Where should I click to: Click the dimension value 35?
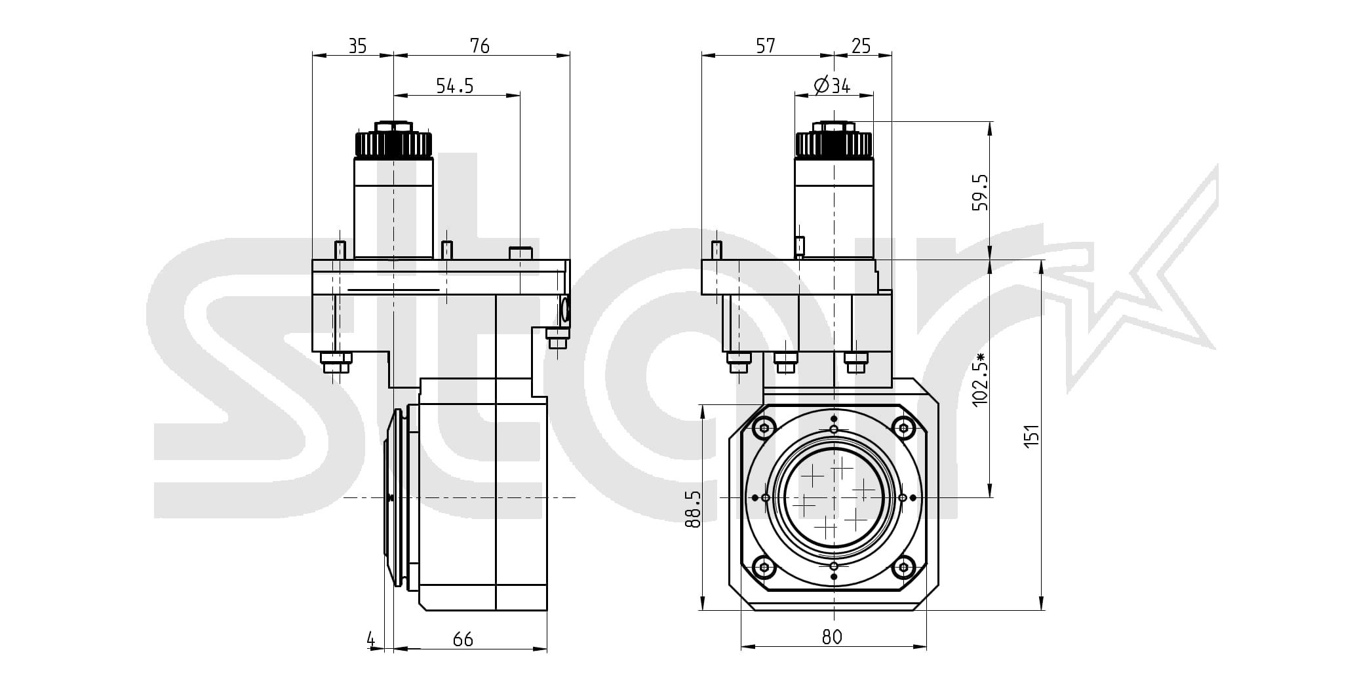point(357,46)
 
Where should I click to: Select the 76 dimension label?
point(480,46)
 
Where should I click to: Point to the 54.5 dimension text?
point(455,86)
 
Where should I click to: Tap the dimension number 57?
point(766,46)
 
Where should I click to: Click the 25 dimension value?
point(861,46)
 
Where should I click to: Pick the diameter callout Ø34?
point(832,86)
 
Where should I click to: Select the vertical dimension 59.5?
point(979,192)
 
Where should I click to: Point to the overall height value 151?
point(1032,436)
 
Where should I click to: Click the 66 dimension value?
point(463,640)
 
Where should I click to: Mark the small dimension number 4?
point(371,639)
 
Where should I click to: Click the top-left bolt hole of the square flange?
point(763,429)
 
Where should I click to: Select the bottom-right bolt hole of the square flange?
point(903,567)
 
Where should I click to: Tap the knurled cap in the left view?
point(393,143)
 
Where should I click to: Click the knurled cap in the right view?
point(833,144)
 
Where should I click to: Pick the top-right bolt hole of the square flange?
point(903,429)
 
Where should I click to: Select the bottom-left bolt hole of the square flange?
point(763,567)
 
